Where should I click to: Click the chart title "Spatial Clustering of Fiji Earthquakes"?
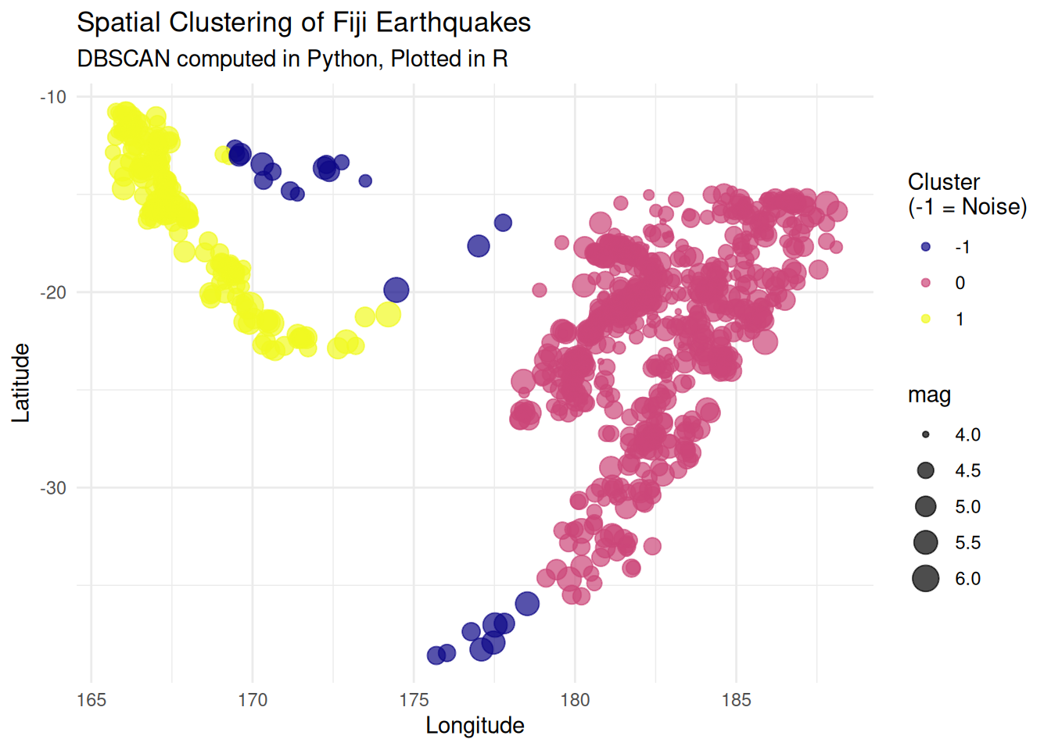(x=303, y=23)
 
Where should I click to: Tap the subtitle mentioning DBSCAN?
(x=292, y=59)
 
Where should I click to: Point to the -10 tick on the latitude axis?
(x=53, y=97)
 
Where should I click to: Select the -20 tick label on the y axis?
(x=53, y=292)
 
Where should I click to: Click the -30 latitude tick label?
(x=53, y=487)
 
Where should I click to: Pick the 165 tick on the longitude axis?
(x=91, y=700)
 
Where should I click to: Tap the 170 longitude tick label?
(x=253, y=700)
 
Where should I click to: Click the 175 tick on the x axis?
(x=414, y=700)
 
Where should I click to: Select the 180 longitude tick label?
(x=575, y=700)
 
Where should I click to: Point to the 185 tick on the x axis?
(x=736, y=700)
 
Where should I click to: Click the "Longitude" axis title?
(x=475, y=726)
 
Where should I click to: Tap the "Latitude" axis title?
(x=21, y=383)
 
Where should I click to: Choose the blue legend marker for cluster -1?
(x=926, y=247)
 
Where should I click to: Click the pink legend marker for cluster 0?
(x=926, y=283)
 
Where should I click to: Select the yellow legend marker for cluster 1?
(x=926, y=319)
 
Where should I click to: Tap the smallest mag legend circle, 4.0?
(x=926, y=434)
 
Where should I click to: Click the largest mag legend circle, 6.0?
(x=926, y=579)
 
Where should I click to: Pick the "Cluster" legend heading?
(x=943, y=182)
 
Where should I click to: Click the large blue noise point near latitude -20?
(x=396, y=290)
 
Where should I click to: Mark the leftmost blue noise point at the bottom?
(x=436, y=655)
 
